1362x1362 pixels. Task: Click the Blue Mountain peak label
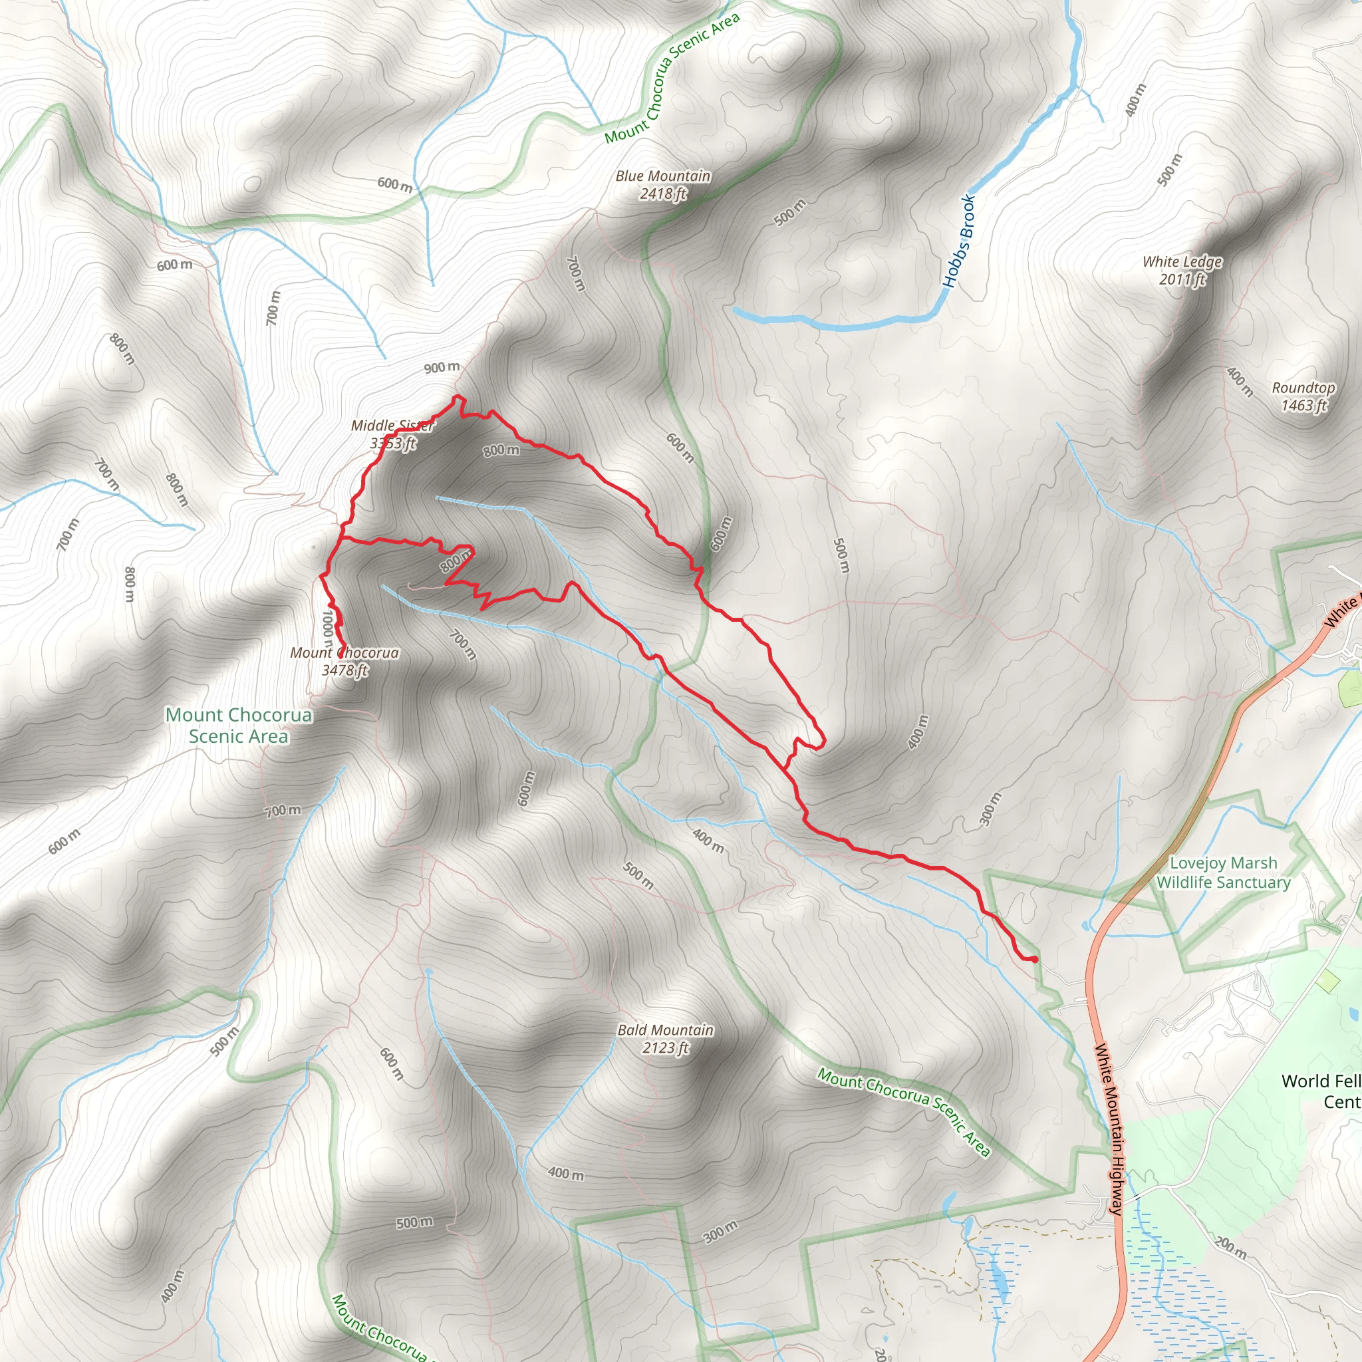(x=662, y=176)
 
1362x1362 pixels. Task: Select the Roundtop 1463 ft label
(x=1303, y=396)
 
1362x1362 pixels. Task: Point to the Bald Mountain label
(x=666, y=1030)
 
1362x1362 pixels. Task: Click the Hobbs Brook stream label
(x=960, y=241)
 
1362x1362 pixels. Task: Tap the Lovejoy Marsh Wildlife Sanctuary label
(x=1223, y=873)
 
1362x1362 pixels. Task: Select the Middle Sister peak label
(x=392, y=426)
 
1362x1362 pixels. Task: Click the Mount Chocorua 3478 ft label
(x=344, y=661)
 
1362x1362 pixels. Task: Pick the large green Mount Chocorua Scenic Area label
(x=238, y=726)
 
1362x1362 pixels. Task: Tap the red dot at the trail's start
(x=1034, y=960)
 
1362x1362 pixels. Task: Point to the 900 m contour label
(x=442, y=367)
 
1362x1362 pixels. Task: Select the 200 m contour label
(x=1231, y=1248)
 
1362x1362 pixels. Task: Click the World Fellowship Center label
(x=1321, y=1091)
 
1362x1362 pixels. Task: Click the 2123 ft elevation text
(x=666, y=1048)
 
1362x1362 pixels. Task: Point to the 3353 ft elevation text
(x=392, y=444)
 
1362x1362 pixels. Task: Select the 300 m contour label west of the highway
(x=990, y=809)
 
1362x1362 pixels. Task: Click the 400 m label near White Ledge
(x=1240, y=381)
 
